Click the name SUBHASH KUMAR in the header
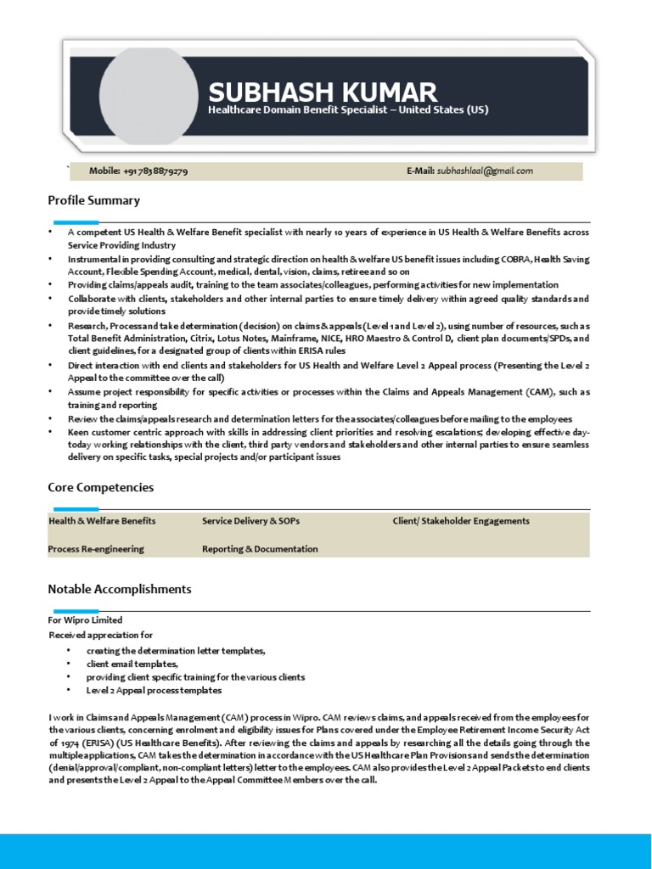click(323, 92)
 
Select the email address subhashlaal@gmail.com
click(485, 171)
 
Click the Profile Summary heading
click(93, 201)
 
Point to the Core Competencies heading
click(100, 488)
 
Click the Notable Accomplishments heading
click(119, 589)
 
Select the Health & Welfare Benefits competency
click(102, 521)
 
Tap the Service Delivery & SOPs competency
click(250, 521)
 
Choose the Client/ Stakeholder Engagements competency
click(461, 521)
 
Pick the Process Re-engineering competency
click(96, 549)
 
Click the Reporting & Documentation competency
click(260, 549)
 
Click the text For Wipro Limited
click(85, 620)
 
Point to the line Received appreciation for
click(100, 635)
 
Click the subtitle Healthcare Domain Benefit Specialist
click(348, 110)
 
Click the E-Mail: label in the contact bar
click(420, 171)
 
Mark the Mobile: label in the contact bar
click(104, 171)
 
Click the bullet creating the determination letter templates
click(176, 650)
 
